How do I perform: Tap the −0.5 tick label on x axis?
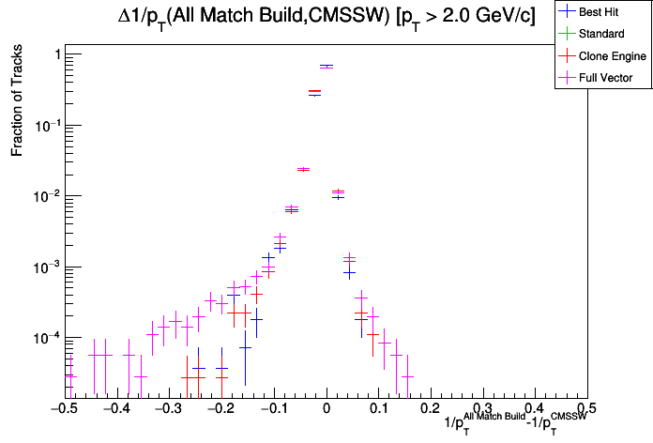(x=62, y=409)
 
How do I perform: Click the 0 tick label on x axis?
(x=326, y=409)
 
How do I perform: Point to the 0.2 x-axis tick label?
(x=430, y=409)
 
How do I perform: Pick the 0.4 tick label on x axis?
(x=535, y=409)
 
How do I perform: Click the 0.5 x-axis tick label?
(x=586, y=409)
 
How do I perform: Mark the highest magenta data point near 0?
(x=326, y=67)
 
